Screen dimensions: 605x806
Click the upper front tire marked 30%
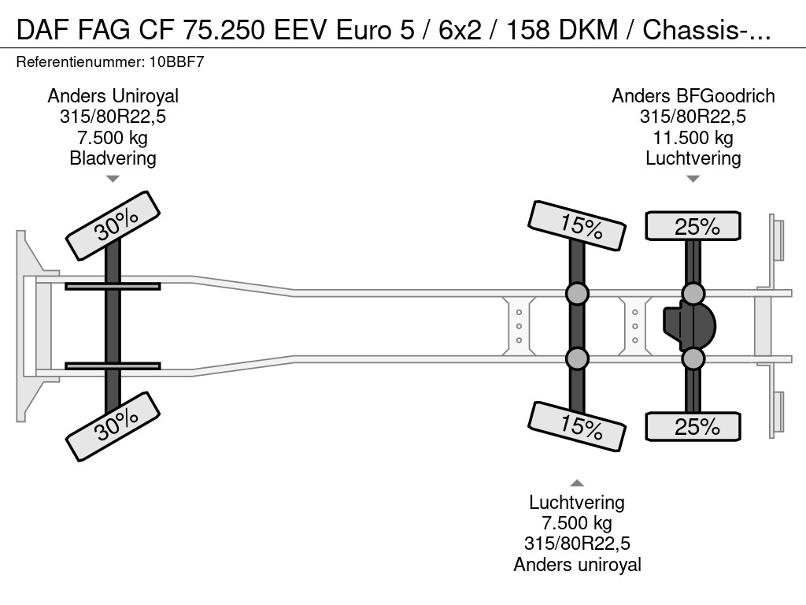113,225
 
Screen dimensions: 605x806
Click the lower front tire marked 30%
113,428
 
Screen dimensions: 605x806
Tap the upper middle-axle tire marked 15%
579,225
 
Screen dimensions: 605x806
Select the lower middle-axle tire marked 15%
579,426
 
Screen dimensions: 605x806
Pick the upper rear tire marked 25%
693,226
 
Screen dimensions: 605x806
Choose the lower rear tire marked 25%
693,426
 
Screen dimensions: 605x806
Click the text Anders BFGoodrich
693,96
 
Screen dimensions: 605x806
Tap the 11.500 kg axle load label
693,138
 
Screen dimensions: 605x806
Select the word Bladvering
113,158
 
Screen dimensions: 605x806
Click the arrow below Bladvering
113,179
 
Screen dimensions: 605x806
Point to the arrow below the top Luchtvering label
693,179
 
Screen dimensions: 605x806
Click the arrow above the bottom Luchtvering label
577,483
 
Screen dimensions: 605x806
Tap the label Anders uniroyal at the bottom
577,564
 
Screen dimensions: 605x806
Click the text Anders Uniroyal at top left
113,96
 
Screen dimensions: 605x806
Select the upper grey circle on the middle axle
577,294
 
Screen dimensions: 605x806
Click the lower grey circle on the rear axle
693,359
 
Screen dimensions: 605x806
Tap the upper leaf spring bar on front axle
113,286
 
